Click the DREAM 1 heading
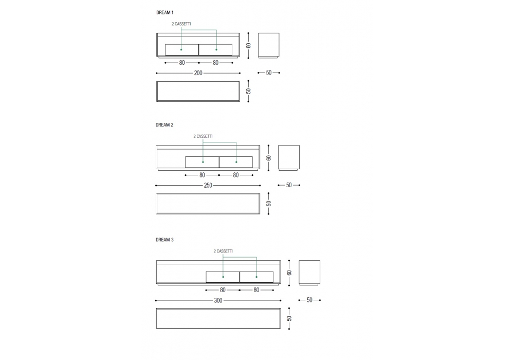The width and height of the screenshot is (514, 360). tap(164, 12)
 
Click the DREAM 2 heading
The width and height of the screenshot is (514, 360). tap(164, 125)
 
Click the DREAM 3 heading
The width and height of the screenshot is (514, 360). tap(164, 240)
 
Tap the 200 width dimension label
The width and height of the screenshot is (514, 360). tap(198, 73)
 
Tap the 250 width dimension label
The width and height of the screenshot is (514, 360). tap(208, 185)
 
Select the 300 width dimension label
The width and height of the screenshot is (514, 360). tap(218, 300)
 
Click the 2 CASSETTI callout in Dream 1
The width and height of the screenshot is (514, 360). tap(181, 24)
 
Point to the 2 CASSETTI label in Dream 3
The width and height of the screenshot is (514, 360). tap(223, 251)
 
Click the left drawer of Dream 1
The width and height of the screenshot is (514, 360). tap(182, 50)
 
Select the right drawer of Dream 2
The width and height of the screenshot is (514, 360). tap(236, 162)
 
